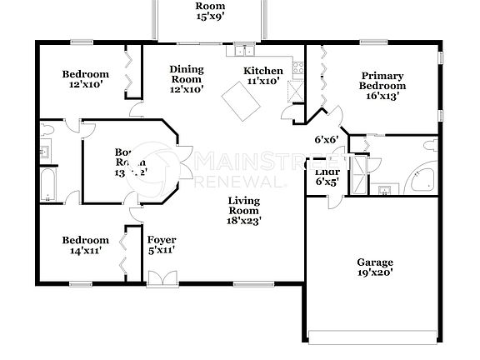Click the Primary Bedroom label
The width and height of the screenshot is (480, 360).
coord(382,85)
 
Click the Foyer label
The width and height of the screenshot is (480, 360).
coord(162,245)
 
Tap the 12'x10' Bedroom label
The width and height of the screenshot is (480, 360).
coord(85,79)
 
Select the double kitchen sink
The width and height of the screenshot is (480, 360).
coord(243,48)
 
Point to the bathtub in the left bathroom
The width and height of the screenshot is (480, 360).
coord(47,185)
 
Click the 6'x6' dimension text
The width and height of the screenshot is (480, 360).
coord(325,140)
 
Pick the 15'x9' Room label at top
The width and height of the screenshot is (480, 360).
coord(210,11)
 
